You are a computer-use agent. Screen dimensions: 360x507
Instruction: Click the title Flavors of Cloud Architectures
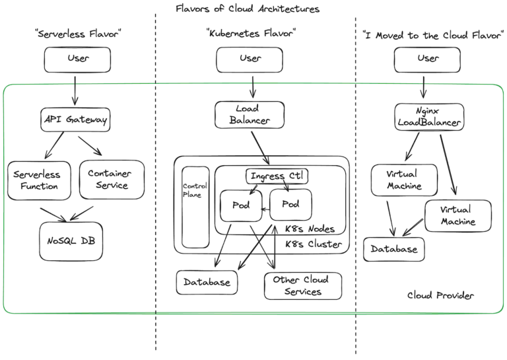pos(248,9)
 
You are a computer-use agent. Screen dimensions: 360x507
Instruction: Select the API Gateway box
pos(74,120)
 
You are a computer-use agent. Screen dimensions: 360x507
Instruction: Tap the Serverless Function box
pos(36,180)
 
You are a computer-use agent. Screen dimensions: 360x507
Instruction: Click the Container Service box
pos(110,179)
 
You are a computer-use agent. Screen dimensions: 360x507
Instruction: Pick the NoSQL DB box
pos(71,240)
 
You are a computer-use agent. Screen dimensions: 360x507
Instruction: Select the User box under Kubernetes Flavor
pos(250,59)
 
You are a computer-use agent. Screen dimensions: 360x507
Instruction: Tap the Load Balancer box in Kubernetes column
pos(250,114)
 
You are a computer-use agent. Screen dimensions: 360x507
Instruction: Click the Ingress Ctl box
pos(277,176)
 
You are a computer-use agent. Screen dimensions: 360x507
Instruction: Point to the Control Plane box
pos(195,207)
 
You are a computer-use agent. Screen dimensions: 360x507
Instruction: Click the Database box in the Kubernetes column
pos(207,282)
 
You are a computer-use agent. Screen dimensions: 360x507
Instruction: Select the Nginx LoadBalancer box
pos(428,117)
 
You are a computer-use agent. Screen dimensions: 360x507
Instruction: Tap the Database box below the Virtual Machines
pos(394,250)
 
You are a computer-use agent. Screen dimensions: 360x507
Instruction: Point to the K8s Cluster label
pos(313,245)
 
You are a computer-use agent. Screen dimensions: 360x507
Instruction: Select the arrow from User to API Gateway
pos(75,90)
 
